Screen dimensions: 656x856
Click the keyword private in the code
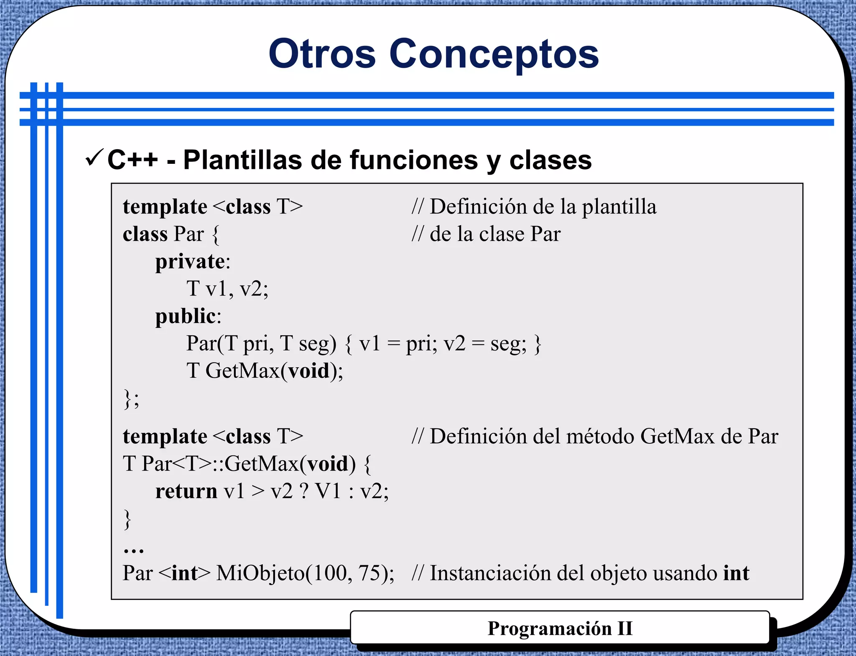(190, 262)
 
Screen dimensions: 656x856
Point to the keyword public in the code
(185, 316)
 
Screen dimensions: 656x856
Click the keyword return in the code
(186, 491)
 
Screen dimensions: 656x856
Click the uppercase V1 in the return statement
(328, 491)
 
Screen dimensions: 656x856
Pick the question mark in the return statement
(304, 491)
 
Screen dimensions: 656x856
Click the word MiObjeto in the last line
(260, 573)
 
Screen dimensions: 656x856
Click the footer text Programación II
(560, 628)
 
